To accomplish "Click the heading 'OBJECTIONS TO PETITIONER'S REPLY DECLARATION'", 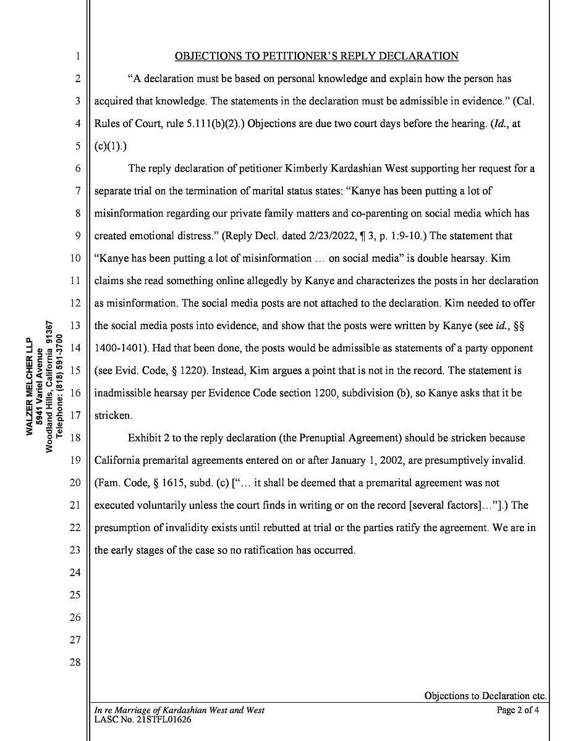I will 316,56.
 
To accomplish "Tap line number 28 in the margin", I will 75,662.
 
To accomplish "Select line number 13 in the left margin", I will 75,325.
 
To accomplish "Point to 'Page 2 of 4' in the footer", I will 518,710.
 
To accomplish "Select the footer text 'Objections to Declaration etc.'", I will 485,696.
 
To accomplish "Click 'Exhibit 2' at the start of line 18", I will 149,438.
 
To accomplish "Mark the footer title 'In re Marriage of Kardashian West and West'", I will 179,710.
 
